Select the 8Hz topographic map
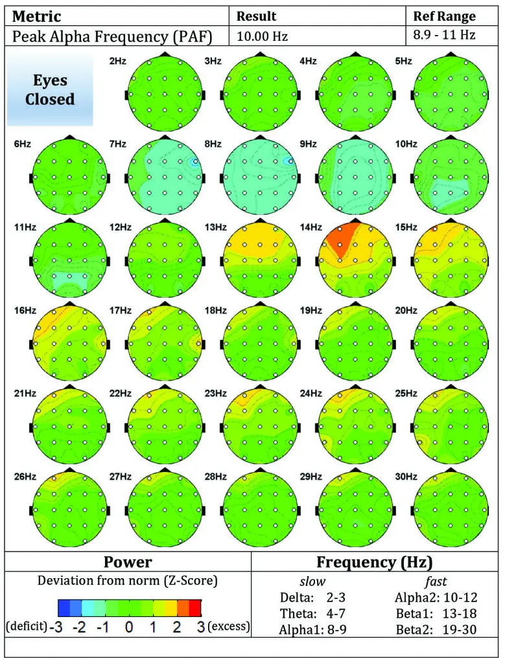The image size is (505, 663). (x=260, y=176)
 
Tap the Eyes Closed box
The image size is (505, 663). (x=50, y=90)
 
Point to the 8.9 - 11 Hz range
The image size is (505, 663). (x=444, y=35)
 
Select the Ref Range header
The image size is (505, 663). (x=444, y=16)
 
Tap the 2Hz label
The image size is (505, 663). (x=117, y=62)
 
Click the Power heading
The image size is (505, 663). (x=128, y=561)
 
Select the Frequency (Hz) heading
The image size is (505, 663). (x=374, y=561)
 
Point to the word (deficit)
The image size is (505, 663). (x=25, y=627)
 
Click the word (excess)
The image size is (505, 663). (x=228, y=627)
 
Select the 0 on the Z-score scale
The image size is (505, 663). (x=129, y=627)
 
